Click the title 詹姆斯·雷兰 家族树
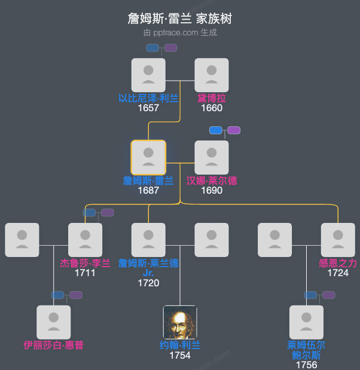pyautogui.click(x=179, y=19)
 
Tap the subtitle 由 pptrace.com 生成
pyautogui.click(x=179, y=33)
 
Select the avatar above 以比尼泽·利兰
pyautogui.click(x=148, y=75)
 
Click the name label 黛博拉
pyautogui.click(x=212, y=98)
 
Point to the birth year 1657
pyautogui.click(x=148, y=108)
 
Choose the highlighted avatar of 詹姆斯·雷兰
pyautogui.click(x=148, y=157)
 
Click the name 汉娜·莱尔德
pyautogui.click(x=212, y=181)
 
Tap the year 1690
pyautogui.click(x=212, y=191)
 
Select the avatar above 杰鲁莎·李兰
pyautogui.click(x=85, y=240)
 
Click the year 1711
pyautogui.click(x=85, y=273)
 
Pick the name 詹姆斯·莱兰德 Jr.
pyautogui.click(x=148, y=268)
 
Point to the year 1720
pyautogui.click(x=148, y=283)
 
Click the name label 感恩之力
pyautogui.click(x=338, y=263)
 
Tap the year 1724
pyautogui.click(x=338, y=273)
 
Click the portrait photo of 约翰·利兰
pyautogui.click(x=180, y=322)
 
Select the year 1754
pyautogui.click(x=180, y=356)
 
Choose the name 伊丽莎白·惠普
pyautogui.click(x=54, y=345)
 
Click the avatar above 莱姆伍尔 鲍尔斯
pyautogui.click(x=306, y=322)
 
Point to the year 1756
pyautogui.click(x=306, y=365)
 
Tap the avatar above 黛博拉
pyautogui.click(x=212, y=75)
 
